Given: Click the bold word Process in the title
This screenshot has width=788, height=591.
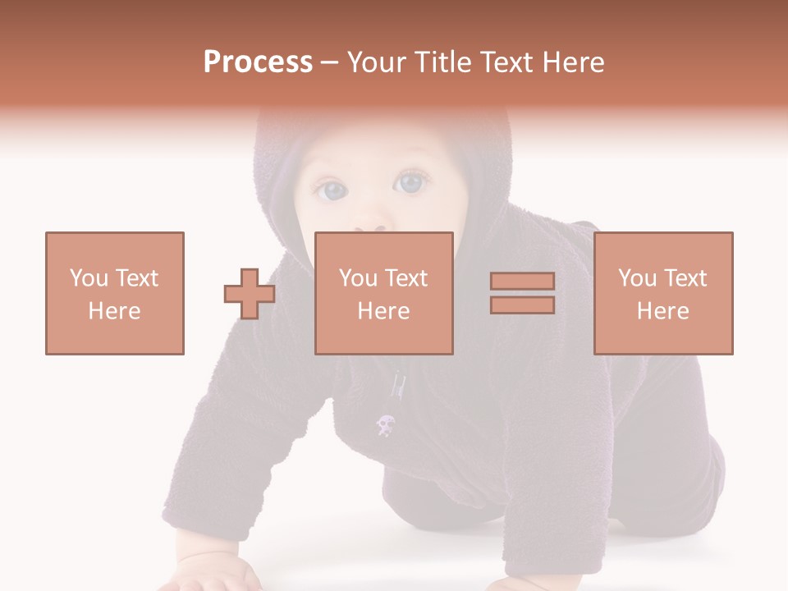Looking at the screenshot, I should click(258, 62).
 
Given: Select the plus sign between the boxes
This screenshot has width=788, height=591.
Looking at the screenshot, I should click(250, 294).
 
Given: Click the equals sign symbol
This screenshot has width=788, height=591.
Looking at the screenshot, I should click(522, 293).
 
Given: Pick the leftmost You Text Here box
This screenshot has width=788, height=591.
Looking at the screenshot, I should click(115, 293).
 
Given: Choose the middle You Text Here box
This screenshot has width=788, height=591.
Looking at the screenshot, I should click(384, 293).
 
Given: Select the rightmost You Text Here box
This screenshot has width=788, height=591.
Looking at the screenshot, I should click(663, 293).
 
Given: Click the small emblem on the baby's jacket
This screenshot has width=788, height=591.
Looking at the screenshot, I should click(384, 424).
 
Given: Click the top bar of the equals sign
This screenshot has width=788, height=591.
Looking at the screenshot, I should click(522, 282).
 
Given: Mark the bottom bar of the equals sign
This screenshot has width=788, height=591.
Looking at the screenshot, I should click(522, 305).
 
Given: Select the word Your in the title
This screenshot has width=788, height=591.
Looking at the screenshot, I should click(377, 62).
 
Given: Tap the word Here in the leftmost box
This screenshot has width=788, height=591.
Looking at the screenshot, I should click(115, 311).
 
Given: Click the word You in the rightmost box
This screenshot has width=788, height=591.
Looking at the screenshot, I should click(637, 278).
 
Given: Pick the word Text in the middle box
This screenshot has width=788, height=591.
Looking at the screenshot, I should click(406, 278).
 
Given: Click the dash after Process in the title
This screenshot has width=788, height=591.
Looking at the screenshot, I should click(329, 62).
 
